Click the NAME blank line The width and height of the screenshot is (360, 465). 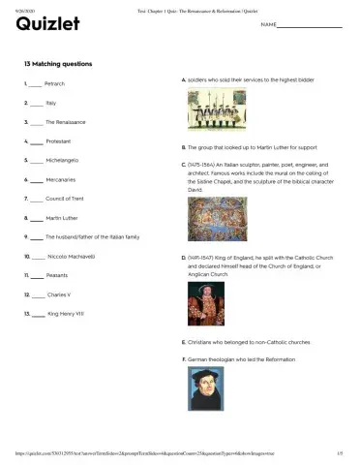coord(312,26)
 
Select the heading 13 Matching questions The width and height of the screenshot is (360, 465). coord(59,64)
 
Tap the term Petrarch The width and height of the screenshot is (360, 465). coord(55,84)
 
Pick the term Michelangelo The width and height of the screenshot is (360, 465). coord(61,160)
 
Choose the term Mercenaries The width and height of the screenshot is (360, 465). coord(60,179)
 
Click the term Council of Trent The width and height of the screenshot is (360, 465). coord(65,198)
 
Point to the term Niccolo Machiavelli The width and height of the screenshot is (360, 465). coord(70,257)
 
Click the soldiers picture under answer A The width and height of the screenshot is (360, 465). coord(208,111)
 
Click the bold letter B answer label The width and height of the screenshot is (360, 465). coord(183,147)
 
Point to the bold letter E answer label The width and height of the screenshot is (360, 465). coord(183,342)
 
